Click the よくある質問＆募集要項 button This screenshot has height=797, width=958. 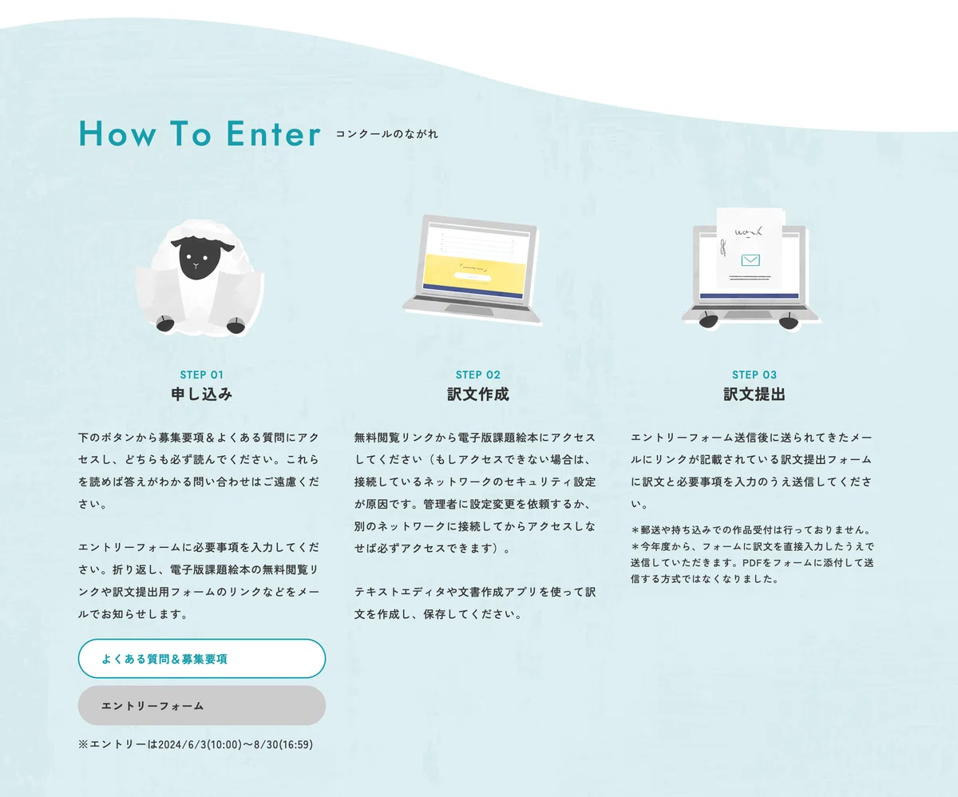click(x=202, y=658)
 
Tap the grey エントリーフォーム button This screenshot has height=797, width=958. click(x=202, y=706)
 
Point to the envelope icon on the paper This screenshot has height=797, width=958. click(x=750, y=260)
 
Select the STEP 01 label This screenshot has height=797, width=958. click(x=202, y=375)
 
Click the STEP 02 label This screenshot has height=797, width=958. click(x=478, y=375)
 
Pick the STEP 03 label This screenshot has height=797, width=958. click(x=754, y=375)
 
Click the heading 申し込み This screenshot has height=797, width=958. click(x=202, y=394)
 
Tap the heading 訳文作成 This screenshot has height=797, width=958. click(x=478, y=394)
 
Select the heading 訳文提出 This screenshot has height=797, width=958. click(x=754, y=394)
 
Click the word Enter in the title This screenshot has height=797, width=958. click(x=274, y=133)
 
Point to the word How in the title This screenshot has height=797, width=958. click(x=117, y=133)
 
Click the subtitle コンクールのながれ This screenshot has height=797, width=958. click(x=386, y=134)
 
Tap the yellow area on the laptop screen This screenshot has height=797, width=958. click(x=473, y=274)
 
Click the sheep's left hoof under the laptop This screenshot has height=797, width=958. click(x=708, y=320)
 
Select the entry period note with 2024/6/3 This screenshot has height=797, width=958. click(x=196, y=744)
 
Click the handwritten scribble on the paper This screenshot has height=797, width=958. click(x=748, y=232)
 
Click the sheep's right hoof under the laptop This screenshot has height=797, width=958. click(x=789, y=321)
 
